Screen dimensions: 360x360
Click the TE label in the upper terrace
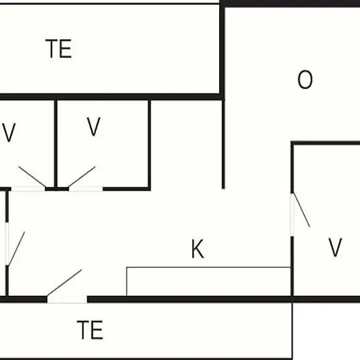(x=58, y=49)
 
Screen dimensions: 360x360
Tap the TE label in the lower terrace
(x=90, y=330)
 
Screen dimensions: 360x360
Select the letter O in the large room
(x=305, y=79)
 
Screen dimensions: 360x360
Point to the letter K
(x=198, y=249)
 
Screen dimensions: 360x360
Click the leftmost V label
(x=9, y=133)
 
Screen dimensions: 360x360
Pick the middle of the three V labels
(x=94, y=126)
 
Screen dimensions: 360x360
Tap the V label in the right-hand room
(x=335, y=247)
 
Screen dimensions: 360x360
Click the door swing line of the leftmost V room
(x=32, y=177)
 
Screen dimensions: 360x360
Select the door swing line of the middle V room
(x=82, y=177)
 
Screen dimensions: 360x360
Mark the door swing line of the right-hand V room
(x=302, y=210)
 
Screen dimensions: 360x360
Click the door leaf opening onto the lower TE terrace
(x=64, y=283)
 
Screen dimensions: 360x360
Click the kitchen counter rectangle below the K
(x=209, y=282)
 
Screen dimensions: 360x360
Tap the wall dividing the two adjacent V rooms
(x=56, y=144)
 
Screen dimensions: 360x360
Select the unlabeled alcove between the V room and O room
(x=186, y=144)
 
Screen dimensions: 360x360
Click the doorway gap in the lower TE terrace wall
(x=67, y=299)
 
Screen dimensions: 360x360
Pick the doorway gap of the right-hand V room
(x=292, y=214)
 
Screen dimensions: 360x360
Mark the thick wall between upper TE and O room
(x=222, y=50)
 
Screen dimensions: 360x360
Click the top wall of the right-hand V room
(x=326, y=143)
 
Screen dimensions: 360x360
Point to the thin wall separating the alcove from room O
(x=223, y=144)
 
